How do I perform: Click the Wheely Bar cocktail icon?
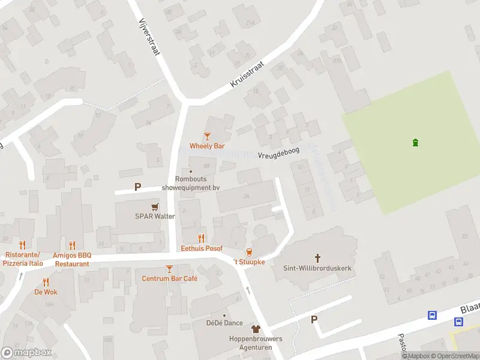click(x=207, y=137)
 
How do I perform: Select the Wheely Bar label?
click(x=207, y=146)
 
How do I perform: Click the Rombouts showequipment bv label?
click(x=191, y=183)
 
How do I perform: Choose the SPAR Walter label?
click(x=155, y=216)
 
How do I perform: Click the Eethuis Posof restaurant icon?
click(x=202, y=238)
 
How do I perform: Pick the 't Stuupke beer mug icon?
click(x=249, y=252)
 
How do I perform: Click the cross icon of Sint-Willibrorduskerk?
click(x=317, y=259)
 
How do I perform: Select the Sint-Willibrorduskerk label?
click(x=317, y=268)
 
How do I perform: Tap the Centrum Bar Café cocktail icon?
click(x=169, y=269)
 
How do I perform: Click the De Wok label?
click(x=46, y=292)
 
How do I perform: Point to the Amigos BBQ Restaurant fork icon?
click(x=72, y=245)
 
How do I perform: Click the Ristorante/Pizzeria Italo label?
click(x=23, y=259)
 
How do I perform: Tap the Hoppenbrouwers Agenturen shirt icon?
click(x=256, y=329)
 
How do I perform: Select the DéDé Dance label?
click(x=224, y=323)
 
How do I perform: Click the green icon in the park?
click(x=415, y=142)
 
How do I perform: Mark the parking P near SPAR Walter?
click(x=137, y=187)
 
